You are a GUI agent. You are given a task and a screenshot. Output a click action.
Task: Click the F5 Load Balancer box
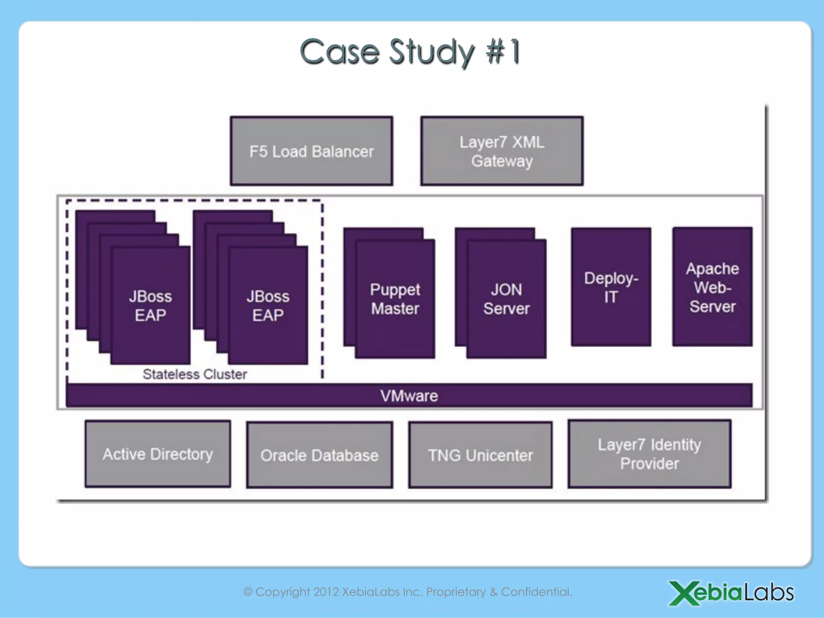[311, 151]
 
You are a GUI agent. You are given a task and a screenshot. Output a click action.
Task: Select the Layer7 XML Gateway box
[502, 151]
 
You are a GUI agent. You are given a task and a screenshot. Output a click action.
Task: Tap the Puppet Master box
[395, 299]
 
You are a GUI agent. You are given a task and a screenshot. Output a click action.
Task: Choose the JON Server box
[506, 299]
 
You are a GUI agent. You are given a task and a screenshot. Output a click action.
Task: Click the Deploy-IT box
[611, 287]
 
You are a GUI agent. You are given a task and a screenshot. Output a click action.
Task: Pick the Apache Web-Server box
[712, 287]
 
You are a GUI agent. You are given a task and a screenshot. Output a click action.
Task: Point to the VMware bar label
[409, 396]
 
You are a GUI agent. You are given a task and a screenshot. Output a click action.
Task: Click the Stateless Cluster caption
[195, 374]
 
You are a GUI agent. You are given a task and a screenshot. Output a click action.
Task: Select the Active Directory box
[158, 454]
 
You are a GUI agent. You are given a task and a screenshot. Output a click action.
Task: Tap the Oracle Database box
[319, 455]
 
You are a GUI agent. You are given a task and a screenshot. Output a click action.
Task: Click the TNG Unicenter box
[480, 455]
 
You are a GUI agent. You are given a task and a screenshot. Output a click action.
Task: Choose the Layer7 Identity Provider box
[649, 454]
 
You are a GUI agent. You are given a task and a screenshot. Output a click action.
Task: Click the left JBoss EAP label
[150, 306]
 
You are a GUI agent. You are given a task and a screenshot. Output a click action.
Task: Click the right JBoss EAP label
[268, 306]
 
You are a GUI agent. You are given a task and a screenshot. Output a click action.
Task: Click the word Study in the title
[432, 52]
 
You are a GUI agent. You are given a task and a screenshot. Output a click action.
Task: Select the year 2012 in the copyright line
[326, 592]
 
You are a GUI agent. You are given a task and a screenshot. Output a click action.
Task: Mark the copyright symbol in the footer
[248, 592]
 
